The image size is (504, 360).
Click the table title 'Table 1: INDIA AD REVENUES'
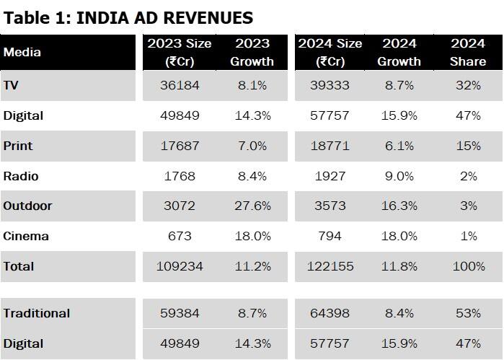[128, 17]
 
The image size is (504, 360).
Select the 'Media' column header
[22, 52]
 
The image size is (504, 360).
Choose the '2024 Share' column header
[468, 53]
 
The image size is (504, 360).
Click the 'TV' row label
[11, 85]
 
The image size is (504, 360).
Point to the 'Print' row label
[18, 146]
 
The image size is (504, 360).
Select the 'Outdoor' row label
[27, 206]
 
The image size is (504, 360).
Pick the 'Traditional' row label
[37, 313]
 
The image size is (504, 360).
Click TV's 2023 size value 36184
[180, 85]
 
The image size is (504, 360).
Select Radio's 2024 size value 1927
[330, 176]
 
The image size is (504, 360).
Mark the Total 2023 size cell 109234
[180, 266]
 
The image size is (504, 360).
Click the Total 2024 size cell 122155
[330, 266]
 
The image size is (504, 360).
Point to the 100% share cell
[468, 266]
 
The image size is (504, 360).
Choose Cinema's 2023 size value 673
[180, 236]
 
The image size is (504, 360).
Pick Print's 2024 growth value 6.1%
[399, 146]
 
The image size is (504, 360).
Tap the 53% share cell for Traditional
[468, 313]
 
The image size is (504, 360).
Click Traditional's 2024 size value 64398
[330, 313]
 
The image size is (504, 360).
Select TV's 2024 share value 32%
[468, 85]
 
